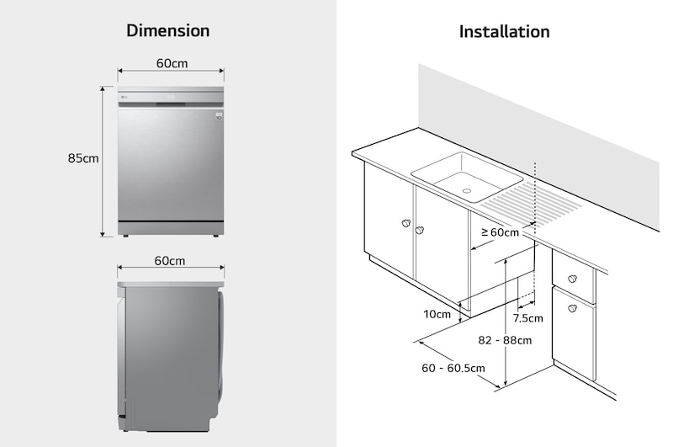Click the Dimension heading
coord(167,31)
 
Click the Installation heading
coord(504,32)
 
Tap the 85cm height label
coord(84,158)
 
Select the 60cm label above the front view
coord(172,64)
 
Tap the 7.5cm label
coord(528,318)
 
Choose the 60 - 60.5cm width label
coord(453,368)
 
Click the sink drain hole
coord(467,190)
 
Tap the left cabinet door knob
coord(406,224)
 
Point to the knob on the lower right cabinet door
coord(572,309)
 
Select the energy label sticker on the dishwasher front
coord(218,115)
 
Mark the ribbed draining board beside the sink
coord(533,202)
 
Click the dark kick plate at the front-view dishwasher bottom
coord(171,228)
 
